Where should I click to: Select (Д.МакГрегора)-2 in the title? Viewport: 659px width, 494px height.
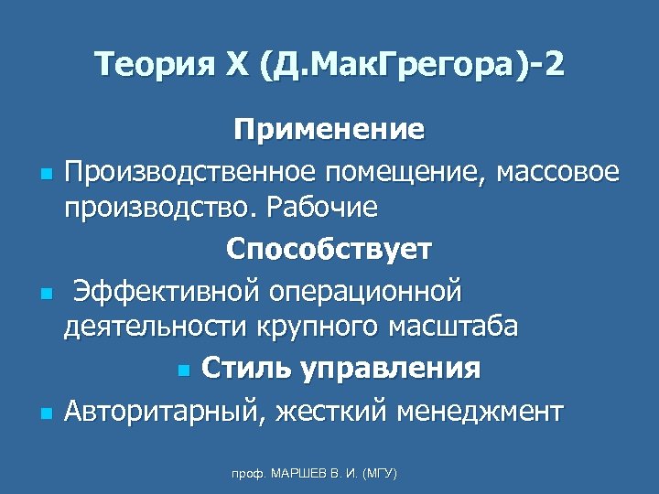pos(411,66)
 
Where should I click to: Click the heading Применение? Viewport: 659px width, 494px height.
pos(329,130)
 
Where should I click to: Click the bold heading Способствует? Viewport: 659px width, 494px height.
pos(329,249)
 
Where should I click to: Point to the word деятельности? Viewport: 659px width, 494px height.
pos(146,328)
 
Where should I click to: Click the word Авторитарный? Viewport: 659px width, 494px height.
pos(165,411)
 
